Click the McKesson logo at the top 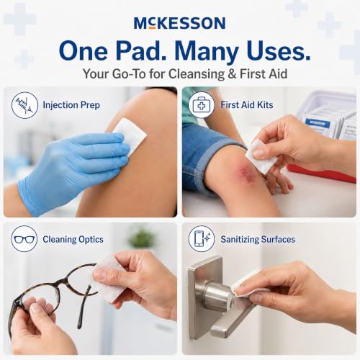tap(179, 23)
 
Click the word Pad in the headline tap(141, 51)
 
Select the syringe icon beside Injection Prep tap(24, 105)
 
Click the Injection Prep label tap(71, 105)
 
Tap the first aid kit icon tap(201, 105)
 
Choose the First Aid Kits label tap(247, 105)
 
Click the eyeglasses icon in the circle tap(24, 239)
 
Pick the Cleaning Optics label tap(73, 240)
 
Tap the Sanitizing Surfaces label tap(258, 239)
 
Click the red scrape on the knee tap(243, 172)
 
